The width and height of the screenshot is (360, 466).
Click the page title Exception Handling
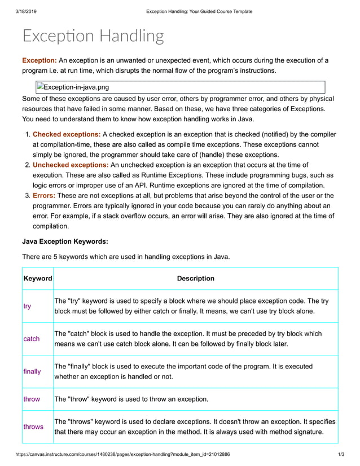coord(93,36)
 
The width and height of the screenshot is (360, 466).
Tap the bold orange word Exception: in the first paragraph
coord(39,60)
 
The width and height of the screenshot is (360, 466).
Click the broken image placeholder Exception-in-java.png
coord(73,87)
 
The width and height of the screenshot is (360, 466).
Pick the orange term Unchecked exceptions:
coord(71,165)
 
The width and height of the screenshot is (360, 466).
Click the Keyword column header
coord(37,278)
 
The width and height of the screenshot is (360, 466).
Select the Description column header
coord(195,278)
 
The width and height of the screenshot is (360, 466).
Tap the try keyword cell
coord(27,306)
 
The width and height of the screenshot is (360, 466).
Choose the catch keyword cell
coord(32,339)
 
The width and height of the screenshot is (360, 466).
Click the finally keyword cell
coord(32,372)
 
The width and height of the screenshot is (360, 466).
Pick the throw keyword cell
coord(32,399)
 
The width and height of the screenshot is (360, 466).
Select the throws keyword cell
coord(33,427)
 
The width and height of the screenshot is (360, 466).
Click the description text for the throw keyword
coord(131,399)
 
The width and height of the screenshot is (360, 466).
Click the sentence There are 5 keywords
coord(126,257)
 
